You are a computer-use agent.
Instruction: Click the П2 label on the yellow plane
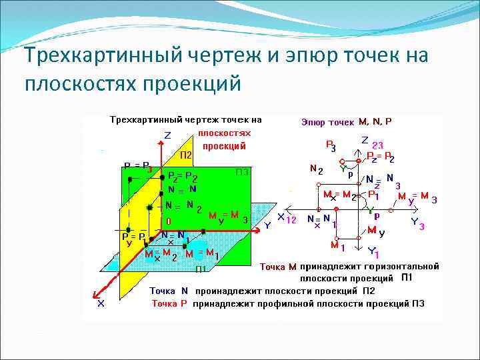pyautogui.click(x=185, y=155)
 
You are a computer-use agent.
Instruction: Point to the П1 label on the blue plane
pyautogui.click(x=201, y=269)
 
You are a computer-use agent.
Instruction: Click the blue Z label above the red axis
pyautogui.click(x=167, y=135)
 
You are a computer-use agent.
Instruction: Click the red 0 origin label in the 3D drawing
pyautogui.click(x=169, y=221)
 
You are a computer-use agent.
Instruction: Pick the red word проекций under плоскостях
pyautogui.click(x=224, y=145)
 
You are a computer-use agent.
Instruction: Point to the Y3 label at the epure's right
pyautogui.click(x=417, y=223)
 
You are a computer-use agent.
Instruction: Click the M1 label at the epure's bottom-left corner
pyautogui.click(x=337, y=247)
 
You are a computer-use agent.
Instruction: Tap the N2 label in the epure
pyautogui.click(x=317, y=170)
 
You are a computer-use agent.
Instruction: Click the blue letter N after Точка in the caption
pyautogui.click(x=185, y=291)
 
